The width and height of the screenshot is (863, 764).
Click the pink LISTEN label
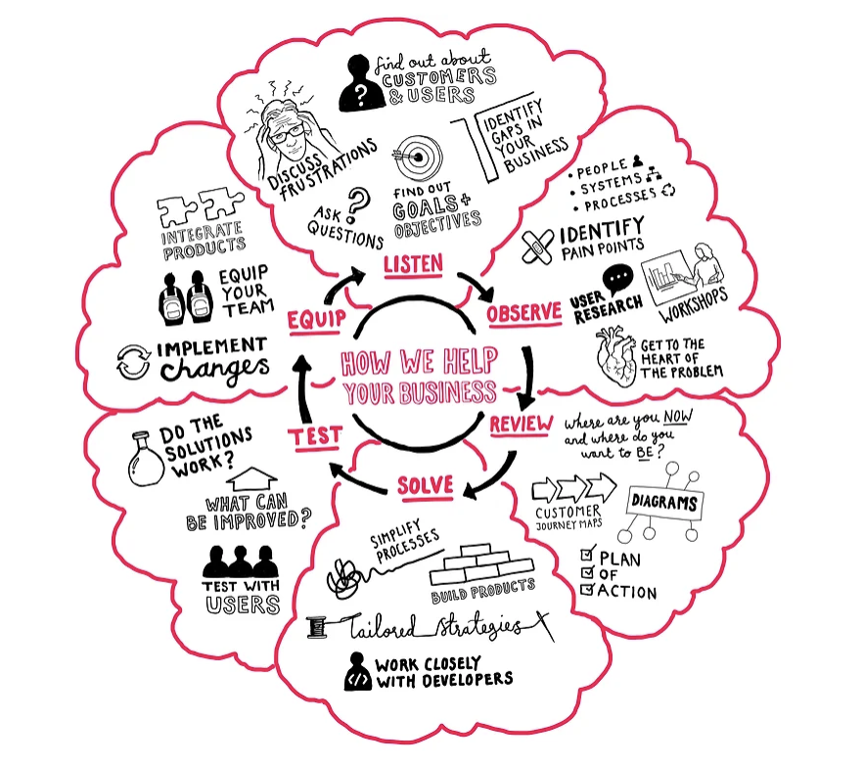point(413,263)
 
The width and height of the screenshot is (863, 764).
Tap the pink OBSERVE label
point(524,313)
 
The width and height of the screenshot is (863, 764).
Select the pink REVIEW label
point(521,424)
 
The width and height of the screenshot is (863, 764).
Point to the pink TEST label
point(315,435)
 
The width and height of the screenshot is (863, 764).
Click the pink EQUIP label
point(313,320)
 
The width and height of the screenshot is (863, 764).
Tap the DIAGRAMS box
point(664,504)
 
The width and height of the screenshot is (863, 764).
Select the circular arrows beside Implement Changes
point(133,359)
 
